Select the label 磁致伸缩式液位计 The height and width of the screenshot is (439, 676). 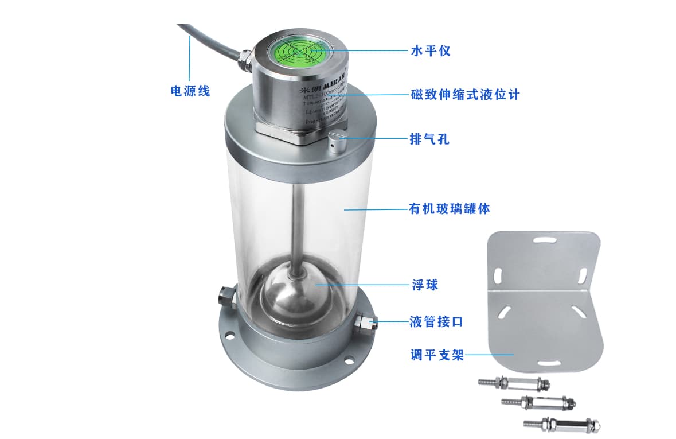pyautogui.click(x=465, y=94)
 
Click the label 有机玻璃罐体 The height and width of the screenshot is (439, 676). pyautogui.click(x=449, y=209)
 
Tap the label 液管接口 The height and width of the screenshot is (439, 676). pyautogui.click(x=436, y=322)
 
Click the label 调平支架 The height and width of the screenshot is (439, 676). pyautogui.click(x=436, y=355)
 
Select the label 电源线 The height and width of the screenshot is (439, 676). pyautogui.click(x=191, y=91)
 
